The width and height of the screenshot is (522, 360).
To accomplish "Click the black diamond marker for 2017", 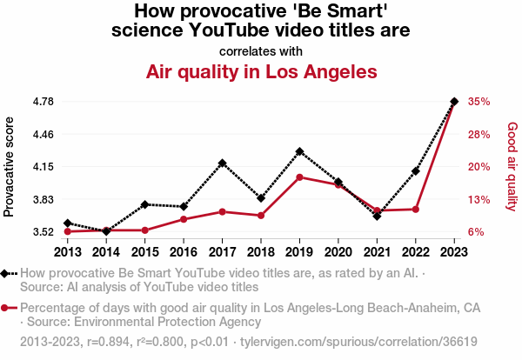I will [223, 163].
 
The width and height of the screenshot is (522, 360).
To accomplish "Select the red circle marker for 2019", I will [299, 177].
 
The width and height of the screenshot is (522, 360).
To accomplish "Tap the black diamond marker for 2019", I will [299, 151].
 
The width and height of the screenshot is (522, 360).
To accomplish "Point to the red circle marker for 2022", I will [416, 210].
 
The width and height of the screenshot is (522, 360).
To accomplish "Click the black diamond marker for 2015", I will [145, 204].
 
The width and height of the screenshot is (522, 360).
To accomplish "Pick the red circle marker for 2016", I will [184, 219].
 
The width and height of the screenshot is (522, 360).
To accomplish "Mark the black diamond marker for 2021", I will [377, 216].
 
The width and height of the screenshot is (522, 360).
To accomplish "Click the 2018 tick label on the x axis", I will [261, 252].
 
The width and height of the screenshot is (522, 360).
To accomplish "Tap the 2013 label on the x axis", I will [68, 252].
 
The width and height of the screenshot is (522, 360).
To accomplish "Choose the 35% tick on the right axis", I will [479, 102].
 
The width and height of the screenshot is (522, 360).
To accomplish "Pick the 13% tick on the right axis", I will [479, 199].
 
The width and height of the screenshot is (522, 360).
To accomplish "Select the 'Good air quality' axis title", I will [512, 166].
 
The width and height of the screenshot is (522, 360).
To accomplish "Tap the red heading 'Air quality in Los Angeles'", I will [261, 70].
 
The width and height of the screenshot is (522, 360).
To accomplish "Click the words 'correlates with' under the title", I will [261, 50].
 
